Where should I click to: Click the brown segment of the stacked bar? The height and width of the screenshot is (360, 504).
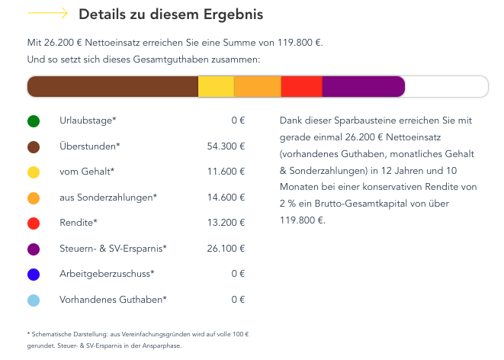tap(113, 87)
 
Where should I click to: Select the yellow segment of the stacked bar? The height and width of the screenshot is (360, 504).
tap(216, 87)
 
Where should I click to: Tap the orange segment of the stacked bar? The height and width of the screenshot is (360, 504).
tap(258, 87)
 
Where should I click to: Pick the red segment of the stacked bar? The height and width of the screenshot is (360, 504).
tap(302, 87)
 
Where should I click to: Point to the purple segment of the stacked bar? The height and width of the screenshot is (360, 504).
tap(363, 87)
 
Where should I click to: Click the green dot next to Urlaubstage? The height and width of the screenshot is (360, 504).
tap(34, 121)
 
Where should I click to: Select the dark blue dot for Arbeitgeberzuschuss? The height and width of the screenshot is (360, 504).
tap(34, 274)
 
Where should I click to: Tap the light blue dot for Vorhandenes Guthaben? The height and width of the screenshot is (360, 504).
tap(34, 300)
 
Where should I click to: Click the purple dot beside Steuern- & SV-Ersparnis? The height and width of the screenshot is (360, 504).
tap(34, 249)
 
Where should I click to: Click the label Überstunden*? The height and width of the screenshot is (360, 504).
tap(90, 146)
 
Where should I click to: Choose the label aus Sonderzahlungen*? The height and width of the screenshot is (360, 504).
tap(108, 198)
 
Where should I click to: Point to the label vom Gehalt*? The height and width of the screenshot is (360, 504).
tap(87, 172)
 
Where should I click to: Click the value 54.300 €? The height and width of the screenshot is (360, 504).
tap(226, 146)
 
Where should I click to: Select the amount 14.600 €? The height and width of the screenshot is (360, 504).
tap(226, 198)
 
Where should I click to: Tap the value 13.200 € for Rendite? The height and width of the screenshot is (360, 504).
tap(226, 223)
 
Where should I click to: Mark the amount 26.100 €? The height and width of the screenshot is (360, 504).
tap(226, 249)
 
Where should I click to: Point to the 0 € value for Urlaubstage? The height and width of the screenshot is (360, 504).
tap(238, 121)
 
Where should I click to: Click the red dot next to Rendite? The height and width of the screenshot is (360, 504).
tap(34, 223)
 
